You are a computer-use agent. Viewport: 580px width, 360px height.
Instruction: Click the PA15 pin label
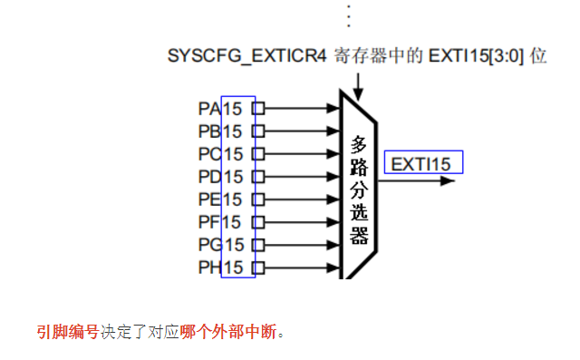click(x=220, y=109)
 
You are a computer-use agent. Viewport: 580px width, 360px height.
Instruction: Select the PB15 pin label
click(x=220, y=131)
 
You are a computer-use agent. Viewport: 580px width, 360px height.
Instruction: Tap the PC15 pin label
click(x=220, y=154)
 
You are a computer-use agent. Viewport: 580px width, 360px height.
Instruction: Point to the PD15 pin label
click(x=220, y=177)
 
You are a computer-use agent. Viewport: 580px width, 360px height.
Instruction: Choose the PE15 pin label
click(x=220, y=199)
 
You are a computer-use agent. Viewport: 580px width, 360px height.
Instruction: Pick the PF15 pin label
click(x=220, y=222)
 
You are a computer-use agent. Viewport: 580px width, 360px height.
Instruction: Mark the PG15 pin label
click(x=220, y=245)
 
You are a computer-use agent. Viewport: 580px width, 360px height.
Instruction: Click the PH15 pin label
click(x=220, y=268)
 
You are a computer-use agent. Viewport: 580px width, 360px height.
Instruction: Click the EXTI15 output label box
click(x=423, y=163)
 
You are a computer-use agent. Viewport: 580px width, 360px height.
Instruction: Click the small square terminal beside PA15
click(x=258, y=109)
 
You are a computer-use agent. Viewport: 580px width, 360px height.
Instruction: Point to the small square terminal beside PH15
click(x=258, y=268)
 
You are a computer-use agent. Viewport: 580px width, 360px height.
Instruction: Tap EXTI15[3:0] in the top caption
click(x=482, y=55)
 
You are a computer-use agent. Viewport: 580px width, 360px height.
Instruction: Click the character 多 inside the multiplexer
click(x=360, y=143)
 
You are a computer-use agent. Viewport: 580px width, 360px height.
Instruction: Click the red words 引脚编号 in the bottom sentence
click(x=68, y=332)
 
